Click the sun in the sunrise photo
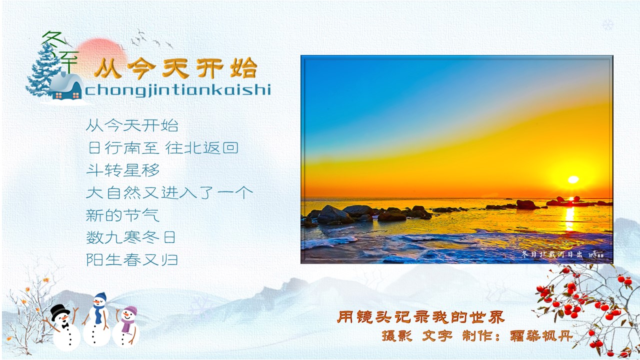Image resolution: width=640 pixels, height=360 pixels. coord(573,179)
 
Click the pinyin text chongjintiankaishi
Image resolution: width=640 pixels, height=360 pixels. coord(178,90)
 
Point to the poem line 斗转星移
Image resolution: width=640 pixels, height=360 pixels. coord(122,170)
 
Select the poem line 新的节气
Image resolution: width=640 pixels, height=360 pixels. coord(122,215)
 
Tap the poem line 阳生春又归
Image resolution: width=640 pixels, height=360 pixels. coord(132,260)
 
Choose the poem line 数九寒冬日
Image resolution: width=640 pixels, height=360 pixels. coord(131,237)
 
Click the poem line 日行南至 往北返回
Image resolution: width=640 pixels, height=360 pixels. coord(162,147)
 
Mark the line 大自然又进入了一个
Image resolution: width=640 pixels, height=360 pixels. coord(169,192)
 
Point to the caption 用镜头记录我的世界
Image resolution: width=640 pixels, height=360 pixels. coord(421,317)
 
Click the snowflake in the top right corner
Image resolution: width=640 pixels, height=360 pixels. coord(608,24)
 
